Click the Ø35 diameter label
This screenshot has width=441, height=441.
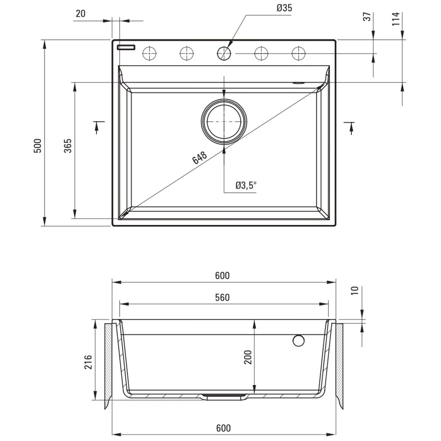click(x=284, y=8)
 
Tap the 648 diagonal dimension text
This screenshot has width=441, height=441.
click(x=200, y=158)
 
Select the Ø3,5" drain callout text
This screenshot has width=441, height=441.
click(x=246, y=185)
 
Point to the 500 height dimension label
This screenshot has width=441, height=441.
click(x=37, y=146)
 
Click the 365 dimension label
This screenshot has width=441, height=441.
click(x=68, y=146)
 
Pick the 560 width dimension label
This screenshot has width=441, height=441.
click(x=222, y=298)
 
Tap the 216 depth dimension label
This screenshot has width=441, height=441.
click(x=88, y=362)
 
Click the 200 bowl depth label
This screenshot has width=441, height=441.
click(x=248, y=357)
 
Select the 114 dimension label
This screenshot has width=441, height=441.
click(x=396, y=19)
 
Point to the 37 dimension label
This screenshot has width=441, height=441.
click(x=367, y=17)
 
